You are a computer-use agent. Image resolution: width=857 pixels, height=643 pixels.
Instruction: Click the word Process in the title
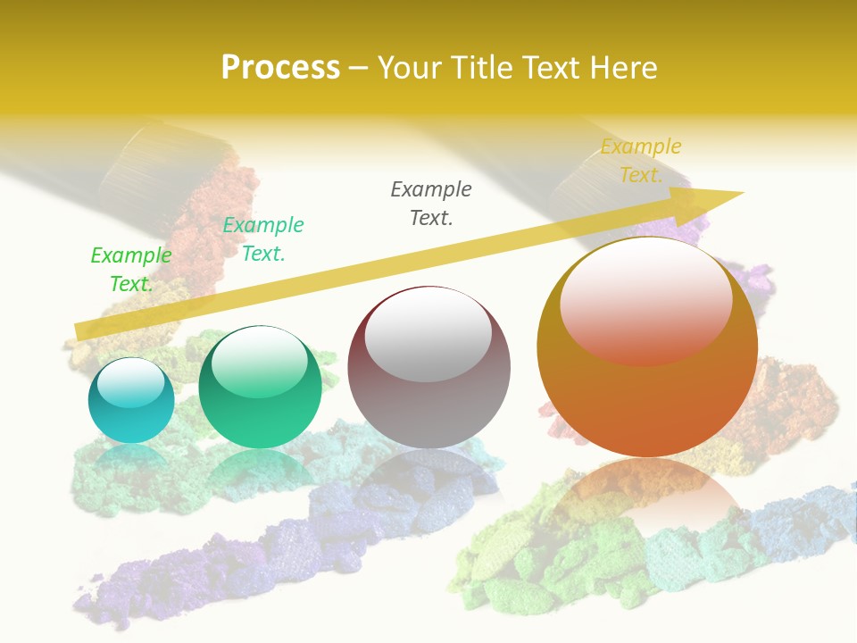280,67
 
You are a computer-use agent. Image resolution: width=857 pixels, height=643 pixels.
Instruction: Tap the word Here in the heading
623,67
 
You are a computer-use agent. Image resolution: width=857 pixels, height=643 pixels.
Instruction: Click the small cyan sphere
131,401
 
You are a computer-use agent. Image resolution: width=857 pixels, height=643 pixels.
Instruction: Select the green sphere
260,388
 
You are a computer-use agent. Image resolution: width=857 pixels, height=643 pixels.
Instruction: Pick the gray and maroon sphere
428,367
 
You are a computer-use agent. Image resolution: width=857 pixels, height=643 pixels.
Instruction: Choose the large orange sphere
647,347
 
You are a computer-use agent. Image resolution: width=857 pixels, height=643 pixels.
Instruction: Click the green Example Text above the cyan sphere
131,269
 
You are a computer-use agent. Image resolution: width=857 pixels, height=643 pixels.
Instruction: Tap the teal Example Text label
263,238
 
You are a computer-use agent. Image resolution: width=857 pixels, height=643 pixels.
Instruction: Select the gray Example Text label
431,203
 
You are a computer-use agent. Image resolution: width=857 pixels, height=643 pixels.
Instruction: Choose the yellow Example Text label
641,160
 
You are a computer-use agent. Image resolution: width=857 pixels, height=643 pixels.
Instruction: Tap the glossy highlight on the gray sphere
428,334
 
